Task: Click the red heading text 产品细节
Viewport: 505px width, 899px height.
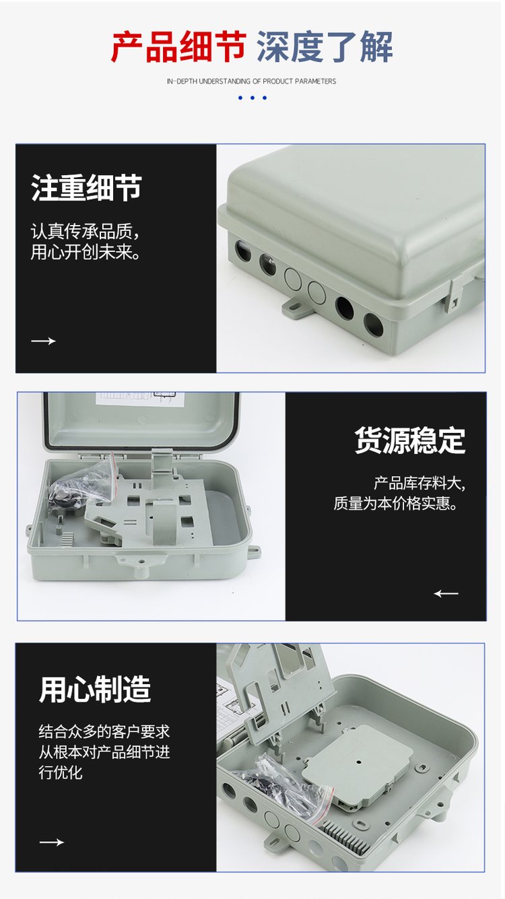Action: tap(178, 46)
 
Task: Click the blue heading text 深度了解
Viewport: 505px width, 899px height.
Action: tap(325, 46)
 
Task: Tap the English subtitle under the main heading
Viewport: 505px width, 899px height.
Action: tap(251, 81)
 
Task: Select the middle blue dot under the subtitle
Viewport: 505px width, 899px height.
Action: tap(252, 98)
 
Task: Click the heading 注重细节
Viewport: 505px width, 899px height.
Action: tap(86, 187)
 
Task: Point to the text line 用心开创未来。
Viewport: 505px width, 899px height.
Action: tap(86, 252)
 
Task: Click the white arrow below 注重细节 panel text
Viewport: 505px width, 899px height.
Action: tap(43, 341)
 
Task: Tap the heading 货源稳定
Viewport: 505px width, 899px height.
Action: tap(410, 440)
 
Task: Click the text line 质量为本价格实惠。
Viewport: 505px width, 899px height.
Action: tap(395, 503)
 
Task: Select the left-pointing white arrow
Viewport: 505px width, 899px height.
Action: tap(446, 593)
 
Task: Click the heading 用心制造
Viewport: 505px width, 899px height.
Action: tap(95, 689)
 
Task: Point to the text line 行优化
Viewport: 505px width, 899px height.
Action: tap(61, 772)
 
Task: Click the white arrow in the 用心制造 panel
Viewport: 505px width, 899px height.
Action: tap(52, 842)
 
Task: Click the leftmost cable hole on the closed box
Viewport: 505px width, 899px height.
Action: tap(243, 251)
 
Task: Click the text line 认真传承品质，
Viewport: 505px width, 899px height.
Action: tap(85, 231)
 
